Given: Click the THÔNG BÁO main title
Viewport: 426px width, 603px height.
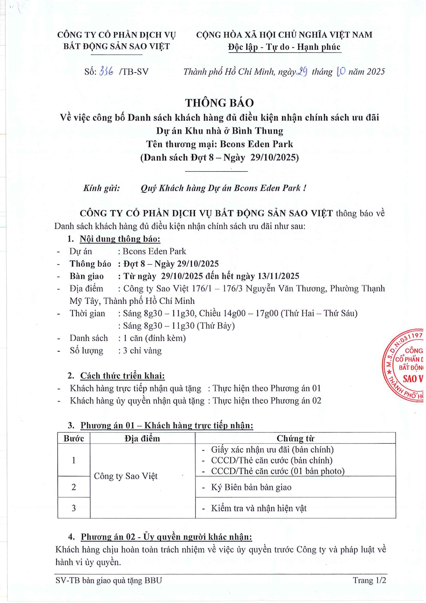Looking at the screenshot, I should tap(219, 103).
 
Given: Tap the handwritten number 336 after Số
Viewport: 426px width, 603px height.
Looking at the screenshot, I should tap(106, 71).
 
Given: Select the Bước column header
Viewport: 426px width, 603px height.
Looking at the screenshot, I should tap(74, 438).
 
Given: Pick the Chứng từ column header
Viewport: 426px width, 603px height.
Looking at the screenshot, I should tap(295, 438).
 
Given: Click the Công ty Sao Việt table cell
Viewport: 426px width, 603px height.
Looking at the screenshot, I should tap(125, 476).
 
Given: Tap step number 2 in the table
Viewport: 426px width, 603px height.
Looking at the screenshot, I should tap(74, 487).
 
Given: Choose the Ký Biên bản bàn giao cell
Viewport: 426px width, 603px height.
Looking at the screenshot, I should tap(251, 487).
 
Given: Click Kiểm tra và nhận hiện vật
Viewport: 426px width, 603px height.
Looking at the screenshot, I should tap(259, 508).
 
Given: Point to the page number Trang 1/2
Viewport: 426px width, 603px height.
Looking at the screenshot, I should tap(369, 580).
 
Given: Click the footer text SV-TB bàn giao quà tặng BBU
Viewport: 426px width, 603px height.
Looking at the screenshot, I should tap(109, 580).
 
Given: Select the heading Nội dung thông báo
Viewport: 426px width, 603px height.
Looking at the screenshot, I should tap(120, 239).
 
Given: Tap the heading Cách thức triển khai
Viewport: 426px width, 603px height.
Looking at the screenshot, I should tap(122, 376).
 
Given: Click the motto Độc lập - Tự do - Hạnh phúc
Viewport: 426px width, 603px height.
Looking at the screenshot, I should tap(284, 47).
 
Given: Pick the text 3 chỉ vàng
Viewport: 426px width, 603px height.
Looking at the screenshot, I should tap(142, 351).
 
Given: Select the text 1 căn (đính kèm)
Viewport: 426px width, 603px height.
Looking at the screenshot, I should tap(154, 338).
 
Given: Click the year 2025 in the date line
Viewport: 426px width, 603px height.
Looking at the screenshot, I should tap(375, 72).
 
